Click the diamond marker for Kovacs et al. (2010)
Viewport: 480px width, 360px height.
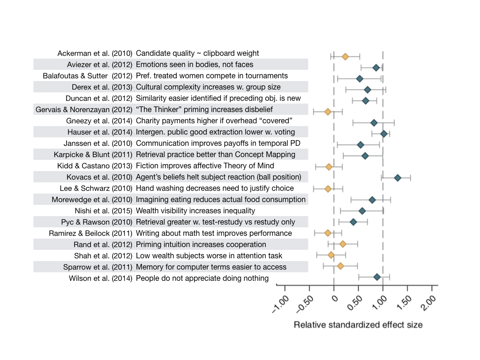397,178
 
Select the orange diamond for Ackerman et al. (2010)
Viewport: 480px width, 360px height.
345,57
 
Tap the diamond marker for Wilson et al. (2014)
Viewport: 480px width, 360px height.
377,277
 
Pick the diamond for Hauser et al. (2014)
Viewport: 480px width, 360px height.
384,134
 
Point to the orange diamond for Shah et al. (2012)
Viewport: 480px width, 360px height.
331,255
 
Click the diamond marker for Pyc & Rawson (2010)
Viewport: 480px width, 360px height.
353,222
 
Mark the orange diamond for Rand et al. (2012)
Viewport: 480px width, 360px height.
343,244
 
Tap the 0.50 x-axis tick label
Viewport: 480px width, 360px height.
355,305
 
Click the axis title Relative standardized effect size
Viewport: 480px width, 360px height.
358,324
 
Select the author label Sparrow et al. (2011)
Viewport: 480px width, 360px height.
98,267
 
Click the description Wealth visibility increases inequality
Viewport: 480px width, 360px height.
195,211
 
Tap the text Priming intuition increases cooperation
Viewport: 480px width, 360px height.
201,245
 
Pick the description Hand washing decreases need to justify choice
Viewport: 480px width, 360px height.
215,188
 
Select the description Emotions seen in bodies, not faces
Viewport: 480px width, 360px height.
195,65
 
